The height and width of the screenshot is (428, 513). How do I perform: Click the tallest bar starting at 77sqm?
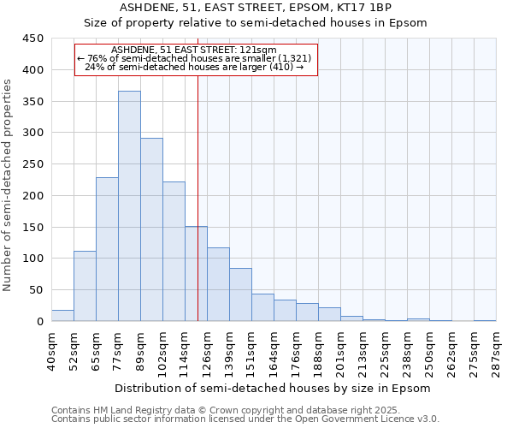coord(129,205)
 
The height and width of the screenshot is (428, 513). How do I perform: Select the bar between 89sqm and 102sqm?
coord(151,229)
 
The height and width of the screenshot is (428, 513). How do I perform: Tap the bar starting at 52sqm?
coord(85,286)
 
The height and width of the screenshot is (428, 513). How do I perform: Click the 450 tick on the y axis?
coord(32,39)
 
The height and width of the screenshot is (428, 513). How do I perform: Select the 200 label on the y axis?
coord(32,196)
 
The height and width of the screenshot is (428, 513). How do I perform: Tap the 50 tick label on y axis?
coord(36,290)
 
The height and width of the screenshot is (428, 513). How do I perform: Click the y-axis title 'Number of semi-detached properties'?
coord(9,184)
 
